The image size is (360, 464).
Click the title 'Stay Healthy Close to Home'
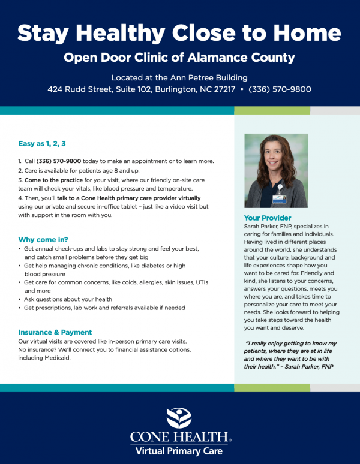(x=179, y=33)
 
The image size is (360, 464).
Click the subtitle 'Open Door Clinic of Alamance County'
(x=179, y=58)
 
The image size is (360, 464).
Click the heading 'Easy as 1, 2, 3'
(x=42, y=144)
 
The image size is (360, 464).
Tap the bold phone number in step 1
(x=59, y=161)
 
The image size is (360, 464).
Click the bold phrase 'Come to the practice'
(x=53, y=179)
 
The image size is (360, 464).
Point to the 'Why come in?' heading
(x=43, y=239)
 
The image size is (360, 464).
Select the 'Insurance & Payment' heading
(x=55, y=332)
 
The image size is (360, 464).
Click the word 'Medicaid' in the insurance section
(x=57, y=358)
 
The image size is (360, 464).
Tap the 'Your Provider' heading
(x=268, y=218)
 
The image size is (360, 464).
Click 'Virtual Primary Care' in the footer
(x=179, y=451)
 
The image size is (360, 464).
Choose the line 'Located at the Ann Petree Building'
(x=179, y=77)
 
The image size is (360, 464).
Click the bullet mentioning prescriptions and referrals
(x=104, y=308)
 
